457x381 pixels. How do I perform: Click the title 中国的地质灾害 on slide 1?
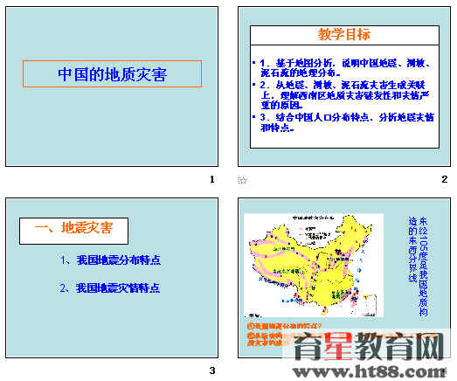coord(112,73)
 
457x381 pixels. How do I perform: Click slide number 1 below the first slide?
coord(211,179)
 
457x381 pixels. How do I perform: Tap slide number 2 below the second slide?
coord(444,179)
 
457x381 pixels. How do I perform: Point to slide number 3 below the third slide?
coord(211,371)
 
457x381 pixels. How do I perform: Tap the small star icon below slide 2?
coord(243,180)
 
